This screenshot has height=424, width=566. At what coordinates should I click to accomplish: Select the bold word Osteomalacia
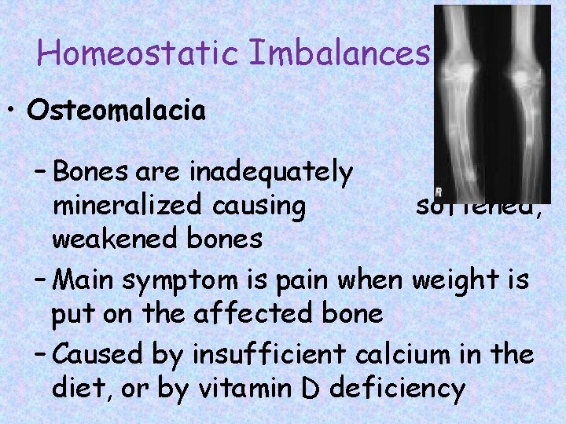click(x=116, y=111)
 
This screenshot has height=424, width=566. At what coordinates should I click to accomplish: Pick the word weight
click(x=457, y=280)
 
